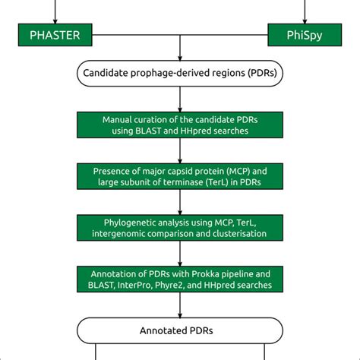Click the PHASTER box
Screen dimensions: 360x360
click(x=55, y=34)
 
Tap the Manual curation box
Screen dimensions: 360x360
click(x=180, y=126)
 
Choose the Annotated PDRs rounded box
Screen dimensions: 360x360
click(x=180, y=330)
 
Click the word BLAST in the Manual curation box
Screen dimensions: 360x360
click(x=153, y=132)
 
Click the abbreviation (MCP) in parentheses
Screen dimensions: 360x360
click(x=242, y=171)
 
